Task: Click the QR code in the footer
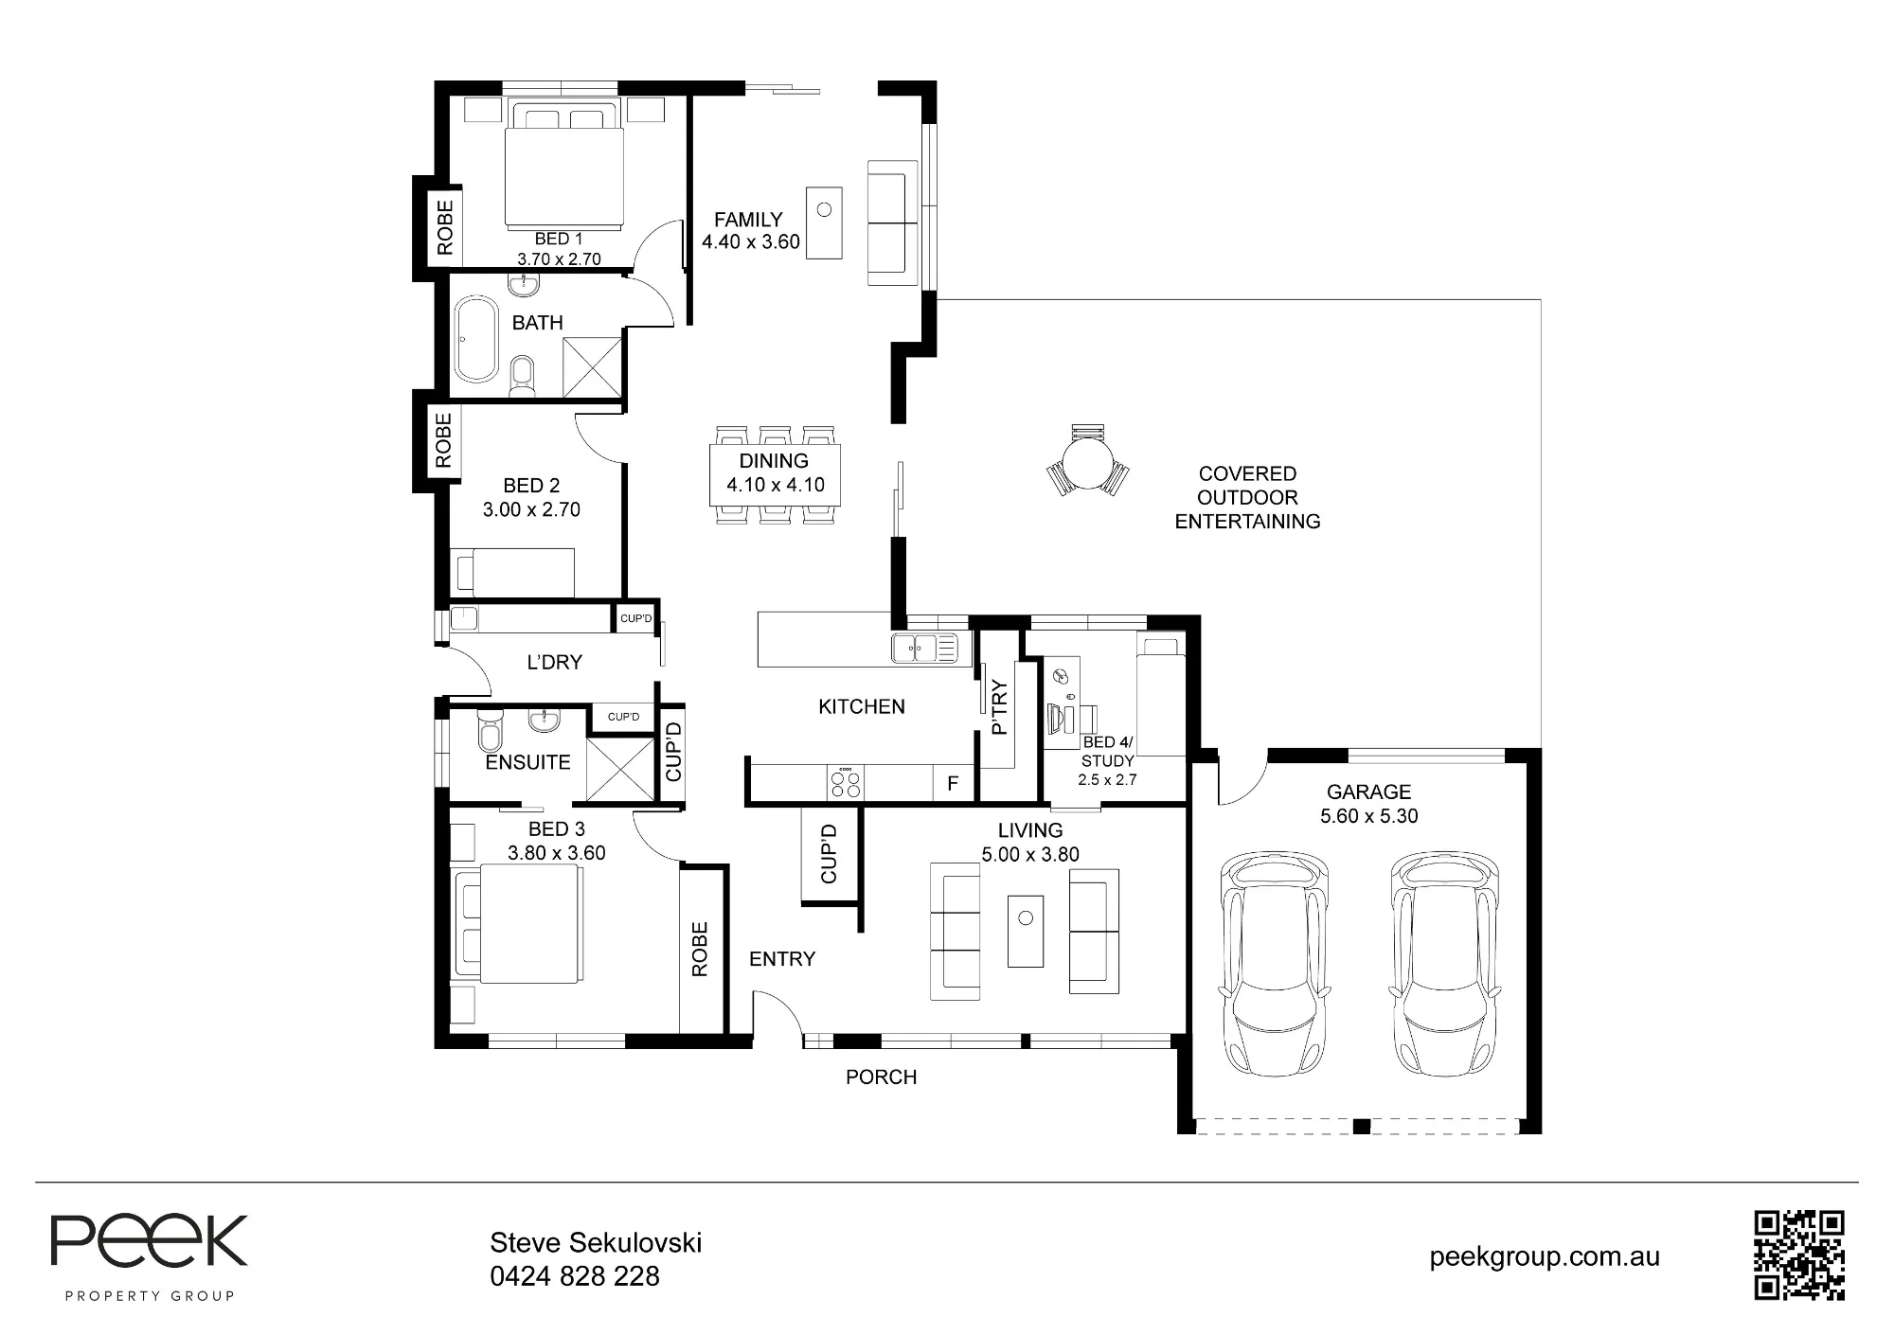pyautogui.click(x=1799, y=1255)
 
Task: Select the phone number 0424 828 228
pyautogui.click(x=575, y=1276)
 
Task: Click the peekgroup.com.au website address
pyautogui.click(x=1545, y=1257)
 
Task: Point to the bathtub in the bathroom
pyautogui.click(x=476, y=339)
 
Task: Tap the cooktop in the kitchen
pyautogui.click(x=846, y=782)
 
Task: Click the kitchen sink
pyautogui.click(x=924, y=649)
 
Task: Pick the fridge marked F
pyautogui.click(x=953, y=784)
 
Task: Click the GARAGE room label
pyautogui.click(x=1368, y=792)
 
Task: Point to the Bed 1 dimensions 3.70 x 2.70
pyautogui.click(x=559, y=258)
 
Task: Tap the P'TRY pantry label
pyautogui.click(x=998, y=708)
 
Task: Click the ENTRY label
pyautogui.click(x=782, y=959)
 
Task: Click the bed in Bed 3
pyautogui.click(x=518, y=924)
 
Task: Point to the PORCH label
pyautogui.click(x=881, y=1077)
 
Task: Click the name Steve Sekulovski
pyautogui.click(x=596, y=1242)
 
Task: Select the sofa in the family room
pyautogui.click(x=893, y=223)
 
